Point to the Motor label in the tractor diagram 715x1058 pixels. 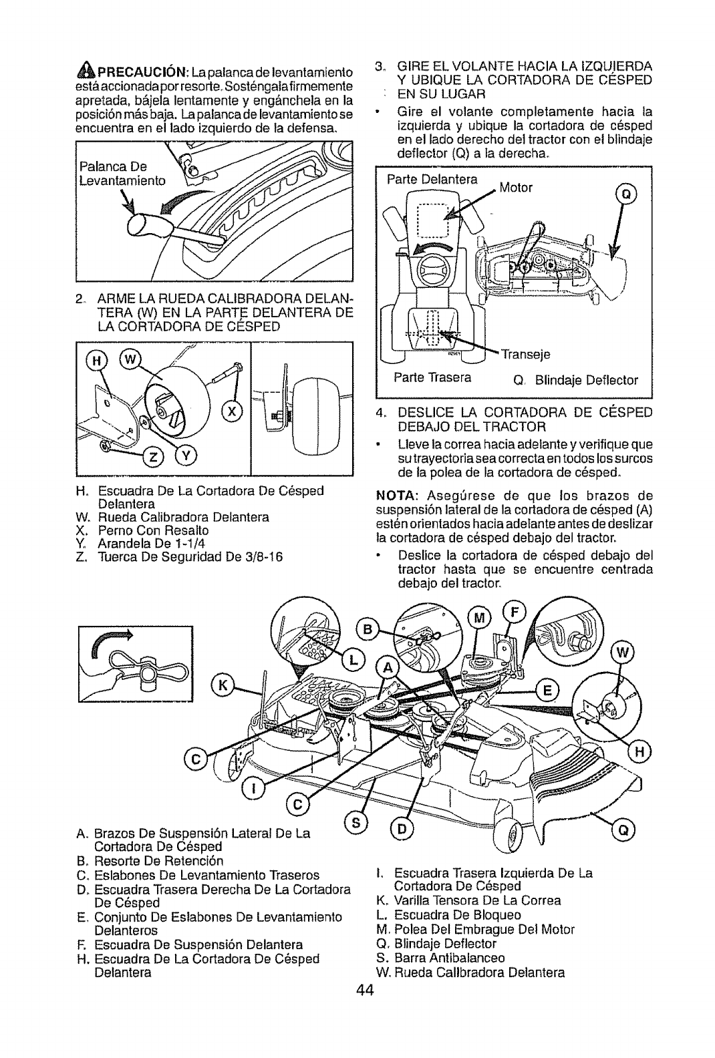click(517, 188)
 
